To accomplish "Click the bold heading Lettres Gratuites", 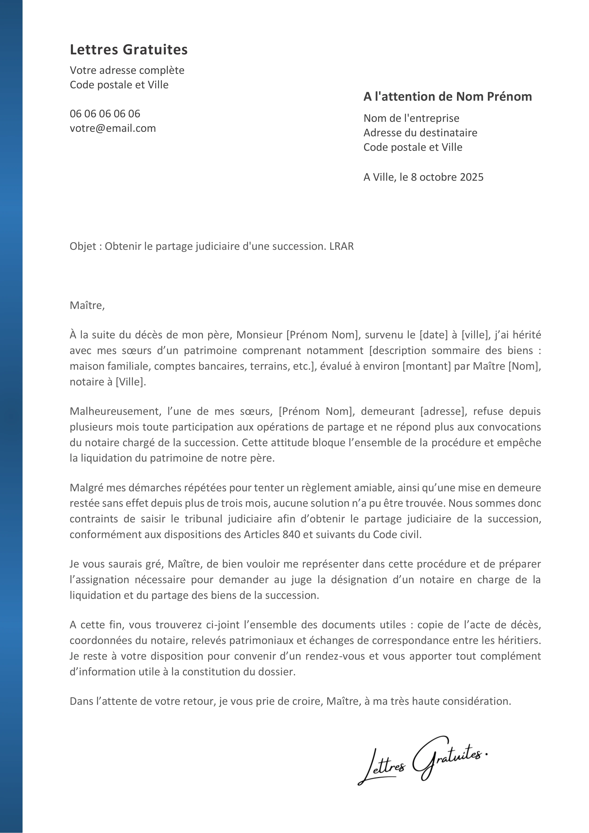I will point(128,50).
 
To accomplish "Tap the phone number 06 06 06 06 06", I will point(105,114).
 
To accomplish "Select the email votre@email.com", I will point(113,128).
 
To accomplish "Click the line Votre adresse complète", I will point(127,70).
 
